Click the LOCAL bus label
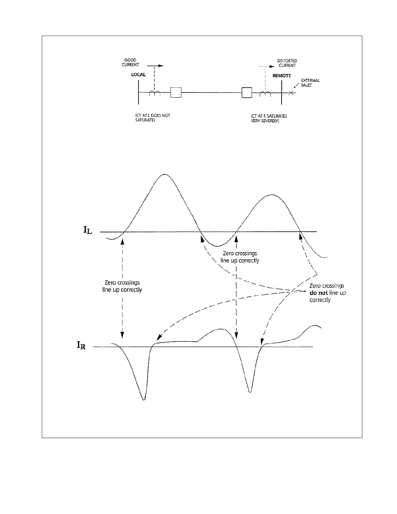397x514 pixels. tap(138, 75)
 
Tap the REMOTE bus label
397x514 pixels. tap(282, 76)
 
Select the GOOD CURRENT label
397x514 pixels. tap(130, 62)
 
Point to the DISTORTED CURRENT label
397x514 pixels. tap(287, 63)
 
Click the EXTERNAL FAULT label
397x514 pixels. tap(310, 83)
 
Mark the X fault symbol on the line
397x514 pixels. tap(291, 93)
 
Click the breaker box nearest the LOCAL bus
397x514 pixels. tap(176, 92)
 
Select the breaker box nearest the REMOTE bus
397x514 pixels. tap(247, 92)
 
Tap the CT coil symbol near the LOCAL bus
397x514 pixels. tap(155, 93)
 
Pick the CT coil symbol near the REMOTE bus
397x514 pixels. tap(265, 94)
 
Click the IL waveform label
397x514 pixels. tap(88, 230)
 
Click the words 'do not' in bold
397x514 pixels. tap(319, 293)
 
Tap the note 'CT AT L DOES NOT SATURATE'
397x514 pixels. tap(152, 118)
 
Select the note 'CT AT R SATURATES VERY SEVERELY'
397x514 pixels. tap(269, 118)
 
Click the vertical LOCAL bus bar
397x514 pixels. tap(138, 92)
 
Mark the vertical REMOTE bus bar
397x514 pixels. tap(282, 93)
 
